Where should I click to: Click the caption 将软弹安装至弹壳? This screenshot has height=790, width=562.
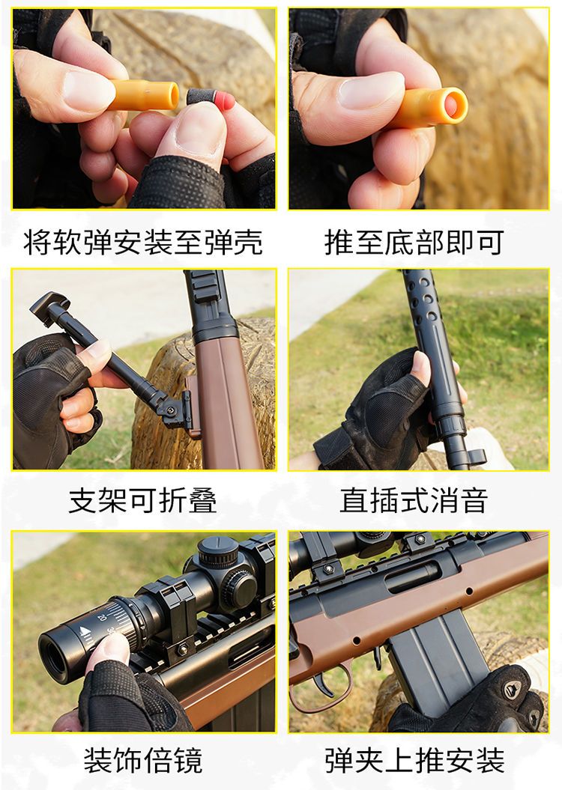pos(143,243)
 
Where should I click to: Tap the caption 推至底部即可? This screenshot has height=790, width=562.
pos(414,243)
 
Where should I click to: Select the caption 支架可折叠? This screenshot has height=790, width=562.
pos(143,500)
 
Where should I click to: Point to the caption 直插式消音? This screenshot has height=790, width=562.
pos(414,500)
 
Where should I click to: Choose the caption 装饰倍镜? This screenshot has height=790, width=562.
pos(143,760)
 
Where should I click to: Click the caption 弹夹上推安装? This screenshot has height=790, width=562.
pos(414,760)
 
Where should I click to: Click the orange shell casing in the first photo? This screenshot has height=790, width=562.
pos(144,94)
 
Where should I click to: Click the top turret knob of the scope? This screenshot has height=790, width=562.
pos(218,551)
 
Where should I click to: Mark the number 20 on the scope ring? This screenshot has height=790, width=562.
pos(103,617)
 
